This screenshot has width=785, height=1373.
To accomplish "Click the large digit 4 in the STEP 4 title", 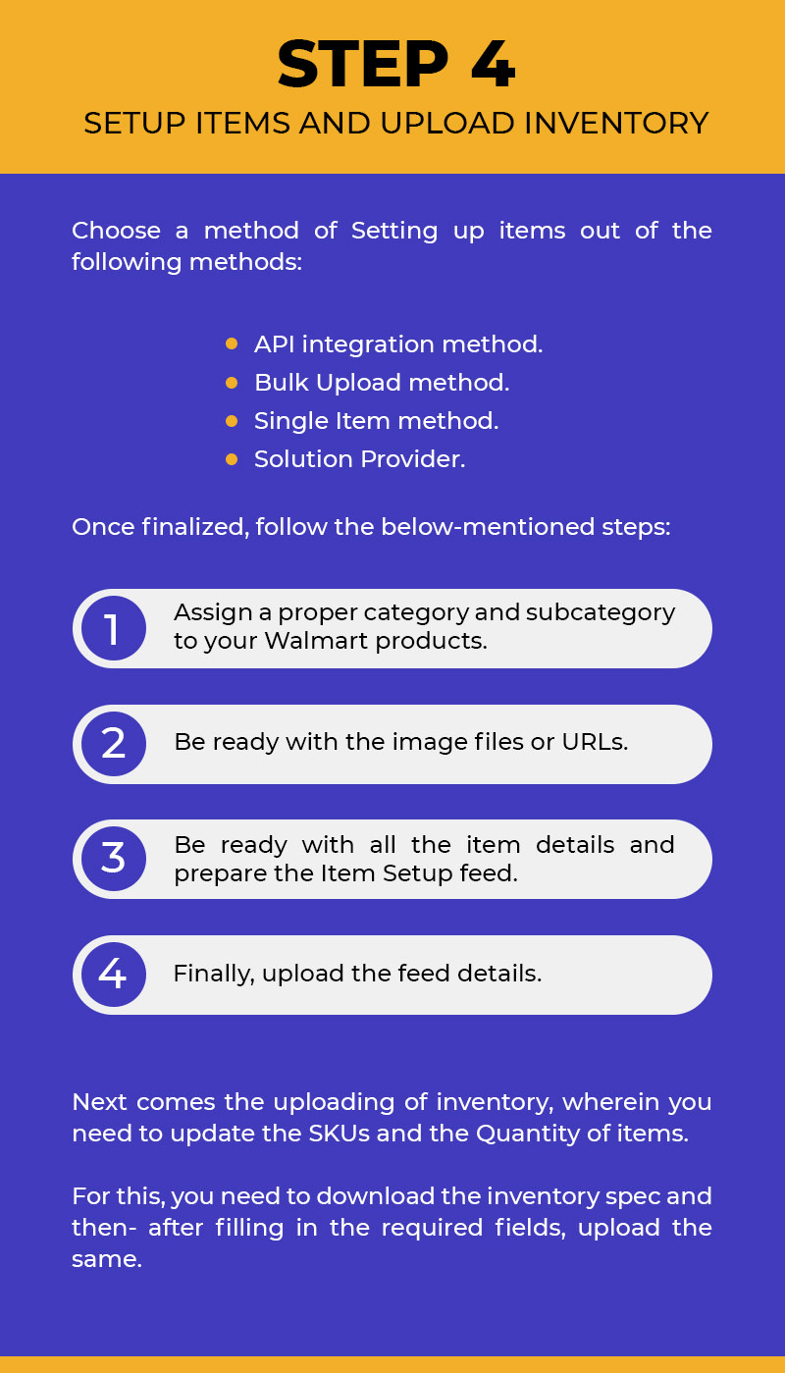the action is point(493,65).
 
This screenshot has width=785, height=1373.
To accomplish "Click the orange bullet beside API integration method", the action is point(232,343).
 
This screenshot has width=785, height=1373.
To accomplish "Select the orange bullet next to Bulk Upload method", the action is point(232,383).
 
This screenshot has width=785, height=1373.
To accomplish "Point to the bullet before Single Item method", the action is point(232,421).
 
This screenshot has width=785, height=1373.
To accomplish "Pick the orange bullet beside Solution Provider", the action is point(232,459).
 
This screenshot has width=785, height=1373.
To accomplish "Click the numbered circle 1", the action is point(114,628).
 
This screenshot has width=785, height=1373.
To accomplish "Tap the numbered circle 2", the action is point(114,744).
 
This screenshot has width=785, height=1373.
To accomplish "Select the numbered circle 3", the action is point(114,858).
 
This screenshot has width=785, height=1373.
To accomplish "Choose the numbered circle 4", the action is point(114,974).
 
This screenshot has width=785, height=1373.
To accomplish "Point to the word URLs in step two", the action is point(595,742).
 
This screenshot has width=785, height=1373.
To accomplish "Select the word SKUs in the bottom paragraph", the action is point(340,1134).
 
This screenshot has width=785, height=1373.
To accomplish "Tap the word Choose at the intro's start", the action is point(117,231).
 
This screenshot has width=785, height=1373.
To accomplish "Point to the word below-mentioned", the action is point(488,526).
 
